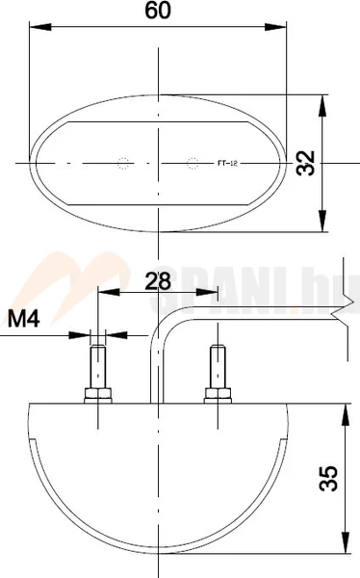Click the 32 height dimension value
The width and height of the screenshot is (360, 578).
pyautogui.click(x=307, y=163)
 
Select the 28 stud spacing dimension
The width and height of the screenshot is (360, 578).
pyautogui.click(x=158, y=280)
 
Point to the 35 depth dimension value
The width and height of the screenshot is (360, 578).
pyautogui.click(x=327, y=479)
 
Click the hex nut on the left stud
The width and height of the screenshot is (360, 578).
pyautogui.click(x=98, y=394)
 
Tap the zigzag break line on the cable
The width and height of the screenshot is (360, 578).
pyautogui.click(x=338, y=310)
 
